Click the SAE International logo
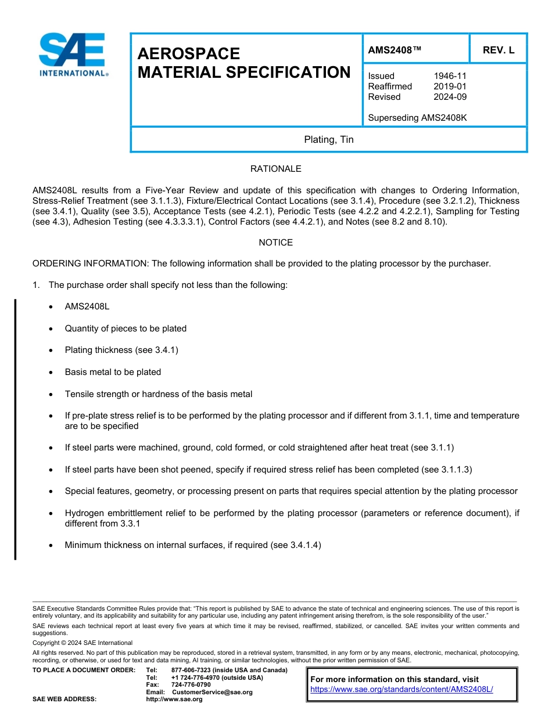click(x=73, y=55)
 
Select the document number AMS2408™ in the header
click(x=394, y=51)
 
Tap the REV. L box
click(x=498, y=51)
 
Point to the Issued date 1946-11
click(x=450, y=76)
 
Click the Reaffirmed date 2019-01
click(x=450, y=86)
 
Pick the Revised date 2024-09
click(x=450, y=97)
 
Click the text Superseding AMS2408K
click(x=417, y=118)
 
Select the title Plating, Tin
click(x=328, y=140)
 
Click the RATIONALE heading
click(x=275, y=169)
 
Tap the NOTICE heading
click(x=275, y=243)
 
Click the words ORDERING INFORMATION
click(x=91, y=264)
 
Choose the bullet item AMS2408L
click(x=87, y=306)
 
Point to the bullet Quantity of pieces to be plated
click(x=126, y=329)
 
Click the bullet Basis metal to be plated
click(x=113, y=372)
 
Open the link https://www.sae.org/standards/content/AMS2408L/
click(x=402, y=689)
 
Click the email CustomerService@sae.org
click(x=212, y=692)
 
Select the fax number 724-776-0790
click(x=191, y=685)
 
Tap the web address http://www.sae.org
click(x=174, y=699)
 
